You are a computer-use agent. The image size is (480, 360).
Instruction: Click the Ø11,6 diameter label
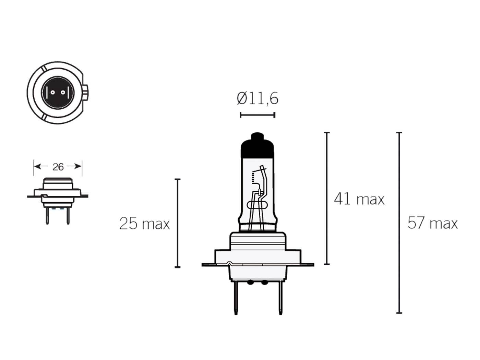(257, 99)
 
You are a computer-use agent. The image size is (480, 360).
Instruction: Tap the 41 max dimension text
(359, 199)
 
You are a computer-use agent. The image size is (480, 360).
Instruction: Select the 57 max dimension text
(432, 223)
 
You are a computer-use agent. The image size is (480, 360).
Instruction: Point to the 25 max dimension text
(144, 224)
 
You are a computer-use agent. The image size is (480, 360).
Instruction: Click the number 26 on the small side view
(58, 167)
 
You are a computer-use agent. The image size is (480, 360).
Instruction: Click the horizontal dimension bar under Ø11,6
(257, 115)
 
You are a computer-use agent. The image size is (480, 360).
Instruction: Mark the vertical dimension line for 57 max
(399, 223)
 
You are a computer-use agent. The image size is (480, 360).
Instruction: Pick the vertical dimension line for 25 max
(178, 223)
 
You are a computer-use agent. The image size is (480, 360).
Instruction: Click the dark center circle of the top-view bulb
(58, 93)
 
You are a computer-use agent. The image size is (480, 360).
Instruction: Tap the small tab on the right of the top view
(86, 92)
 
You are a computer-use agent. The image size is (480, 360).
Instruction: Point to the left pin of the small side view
(47, 216)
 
